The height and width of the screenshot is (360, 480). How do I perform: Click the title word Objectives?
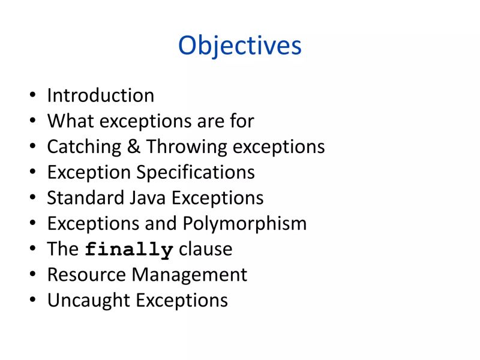tap(239, 46)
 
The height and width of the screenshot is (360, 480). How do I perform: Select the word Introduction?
tap(100, 95)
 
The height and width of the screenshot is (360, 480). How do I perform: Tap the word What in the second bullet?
tap(71, 121)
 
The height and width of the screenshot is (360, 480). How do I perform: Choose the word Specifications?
tap(196, 173)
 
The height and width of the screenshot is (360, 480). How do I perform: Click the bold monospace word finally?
tap(129, 250)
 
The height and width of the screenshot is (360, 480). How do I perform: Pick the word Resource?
tap(86, 275)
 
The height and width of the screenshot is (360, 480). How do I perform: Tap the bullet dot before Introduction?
tap(32, 96)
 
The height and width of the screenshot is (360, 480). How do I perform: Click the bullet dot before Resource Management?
tap(32, 275)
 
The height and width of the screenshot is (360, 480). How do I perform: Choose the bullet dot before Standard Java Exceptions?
tap(32, 199)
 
